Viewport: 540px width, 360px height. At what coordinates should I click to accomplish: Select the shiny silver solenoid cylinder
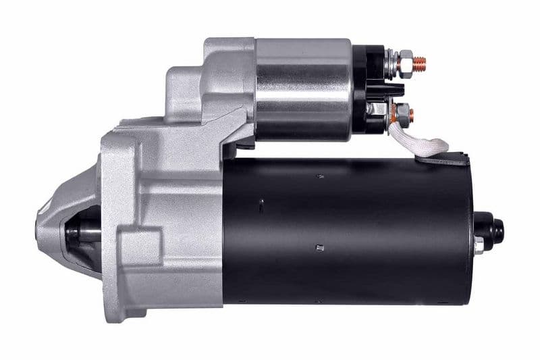[x=304, y=88]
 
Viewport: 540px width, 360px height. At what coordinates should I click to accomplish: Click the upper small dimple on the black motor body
[x=319, y=176]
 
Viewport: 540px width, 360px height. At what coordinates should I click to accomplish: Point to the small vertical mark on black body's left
[x=260, y=202]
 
